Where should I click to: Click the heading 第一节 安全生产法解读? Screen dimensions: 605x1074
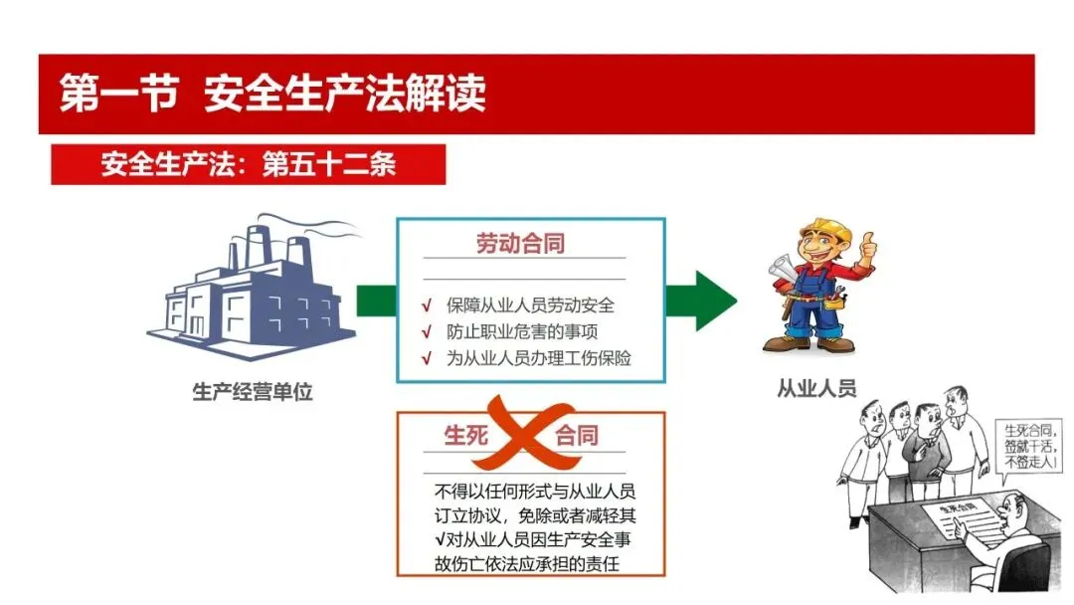point(273,94)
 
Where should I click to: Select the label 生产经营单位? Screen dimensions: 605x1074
point(253,391)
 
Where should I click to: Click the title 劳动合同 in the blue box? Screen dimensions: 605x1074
point(520,244)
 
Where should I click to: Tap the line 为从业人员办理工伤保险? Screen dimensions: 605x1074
point(538,357)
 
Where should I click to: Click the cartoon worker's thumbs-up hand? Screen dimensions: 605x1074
point(868,243)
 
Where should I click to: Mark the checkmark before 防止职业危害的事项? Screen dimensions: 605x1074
point(426,331)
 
